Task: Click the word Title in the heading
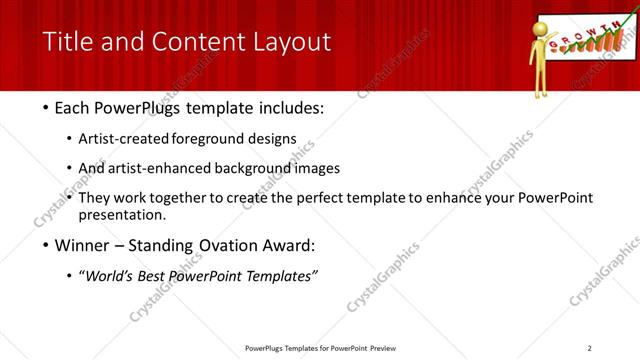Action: (x=67, y=41)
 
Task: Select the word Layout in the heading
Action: (x=290, y=41)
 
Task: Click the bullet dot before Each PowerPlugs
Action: (x=48, y=107)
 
